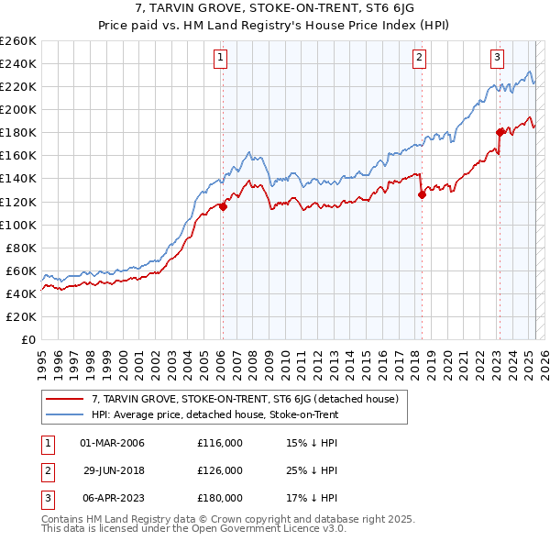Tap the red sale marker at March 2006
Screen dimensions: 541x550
click(x=223, y=206)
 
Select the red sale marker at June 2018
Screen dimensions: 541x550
click(x=422, y=194)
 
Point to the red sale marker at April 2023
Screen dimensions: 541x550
click(x=500, y=132)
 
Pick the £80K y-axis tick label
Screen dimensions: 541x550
click(x=21, y=248)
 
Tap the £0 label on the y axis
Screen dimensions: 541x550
click(x=29, y=340)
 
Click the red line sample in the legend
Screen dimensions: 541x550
click(x=64, y=399)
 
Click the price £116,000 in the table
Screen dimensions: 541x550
click(x=220, y=443)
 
